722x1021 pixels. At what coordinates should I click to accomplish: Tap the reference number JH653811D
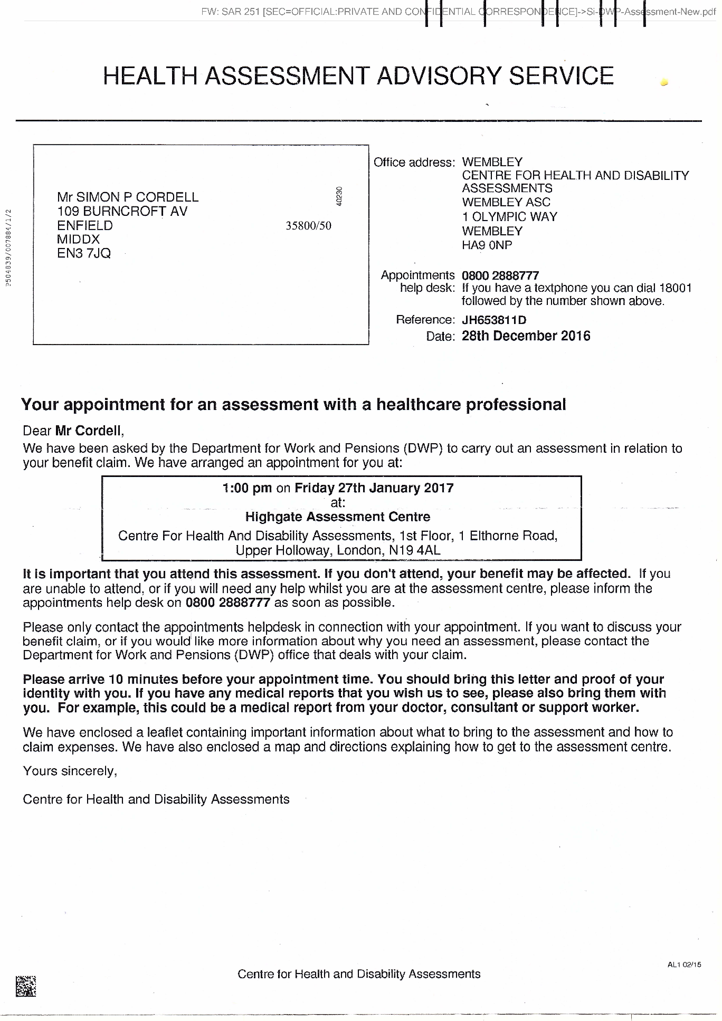coord(493,320)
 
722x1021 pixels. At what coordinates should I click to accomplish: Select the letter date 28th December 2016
coord(526,336)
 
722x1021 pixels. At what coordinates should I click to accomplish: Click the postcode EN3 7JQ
coord(84,253)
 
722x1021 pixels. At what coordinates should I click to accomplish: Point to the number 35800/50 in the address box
coord(308,226)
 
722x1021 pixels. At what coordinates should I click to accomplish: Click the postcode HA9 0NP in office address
coord(487,245)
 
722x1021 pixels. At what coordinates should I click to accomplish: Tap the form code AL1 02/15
coord(684,965)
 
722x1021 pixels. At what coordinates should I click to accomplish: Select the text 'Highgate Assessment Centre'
coord(338,517)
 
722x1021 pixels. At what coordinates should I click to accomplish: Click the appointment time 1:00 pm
coord(247,488)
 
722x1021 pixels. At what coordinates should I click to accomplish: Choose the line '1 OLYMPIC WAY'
coord(509,217)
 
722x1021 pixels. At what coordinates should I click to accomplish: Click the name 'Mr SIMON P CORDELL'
coord(128,197)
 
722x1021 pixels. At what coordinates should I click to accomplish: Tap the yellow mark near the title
coord(664,82)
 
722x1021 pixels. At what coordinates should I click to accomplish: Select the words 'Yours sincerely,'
coord(70,771)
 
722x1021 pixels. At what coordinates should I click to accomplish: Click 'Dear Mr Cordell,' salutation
coord(73,431)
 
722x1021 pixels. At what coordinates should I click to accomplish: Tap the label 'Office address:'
coord(414,163)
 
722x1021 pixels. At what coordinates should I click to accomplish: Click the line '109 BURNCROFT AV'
coord(122,212)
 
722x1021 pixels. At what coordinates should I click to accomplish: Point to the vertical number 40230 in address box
coord(340,196)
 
